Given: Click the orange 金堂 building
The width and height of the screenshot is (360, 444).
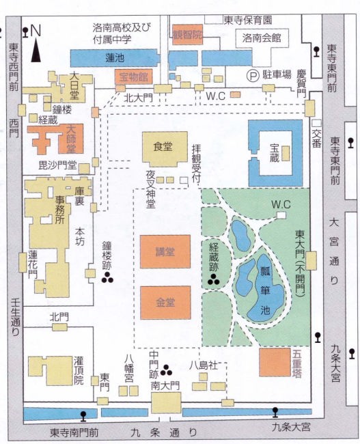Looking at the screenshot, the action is point(165,303).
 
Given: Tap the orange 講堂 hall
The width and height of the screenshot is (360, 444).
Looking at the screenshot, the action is point(165,251).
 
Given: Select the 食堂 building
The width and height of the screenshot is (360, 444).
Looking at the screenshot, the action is point(165,149).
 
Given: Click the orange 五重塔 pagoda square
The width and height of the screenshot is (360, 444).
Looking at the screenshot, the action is point(275,363).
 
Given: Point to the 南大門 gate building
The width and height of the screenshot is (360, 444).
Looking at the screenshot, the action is point(166,402).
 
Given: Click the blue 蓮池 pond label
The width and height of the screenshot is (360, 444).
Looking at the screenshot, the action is point(115,58).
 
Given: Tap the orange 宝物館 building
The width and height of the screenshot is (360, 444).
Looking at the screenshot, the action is point(133,77).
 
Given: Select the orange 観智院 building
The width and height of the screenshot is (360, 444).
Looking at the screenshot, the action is point(187,35).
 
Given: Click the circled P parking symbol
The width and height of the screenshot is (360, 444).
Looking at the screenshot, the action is point(253,75).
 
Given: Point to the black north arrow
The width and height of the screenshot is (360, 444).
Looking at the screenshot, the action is point(36,51).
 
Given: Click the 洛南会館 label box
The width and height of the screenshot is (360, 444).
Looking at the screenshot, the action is point(262,38).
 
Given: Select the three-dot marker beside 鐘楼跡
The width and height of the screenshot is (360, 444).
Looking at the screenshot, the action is point(107,278).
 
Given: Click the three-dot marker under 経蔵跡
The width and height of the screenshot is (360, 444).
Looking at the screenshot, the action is point(214,279).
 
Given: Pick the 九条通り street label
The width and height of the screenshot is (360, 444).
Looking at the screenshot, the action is point(164,432).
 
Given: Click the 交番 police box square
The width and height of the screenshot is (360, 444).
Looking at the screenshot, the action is point(316,124).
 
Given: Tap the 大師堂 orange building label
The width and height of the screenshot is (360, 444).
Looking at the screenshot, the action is point(71,139).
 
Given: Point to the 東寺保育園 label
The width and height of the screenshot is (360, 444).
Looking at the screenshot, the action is point(248,20).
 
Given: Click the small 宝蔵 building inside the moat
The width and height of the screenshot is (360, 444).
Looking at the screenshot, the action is point(286,154).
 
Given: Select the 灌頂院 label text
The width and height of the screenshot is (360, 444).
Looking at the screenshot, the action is point(79,371).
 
